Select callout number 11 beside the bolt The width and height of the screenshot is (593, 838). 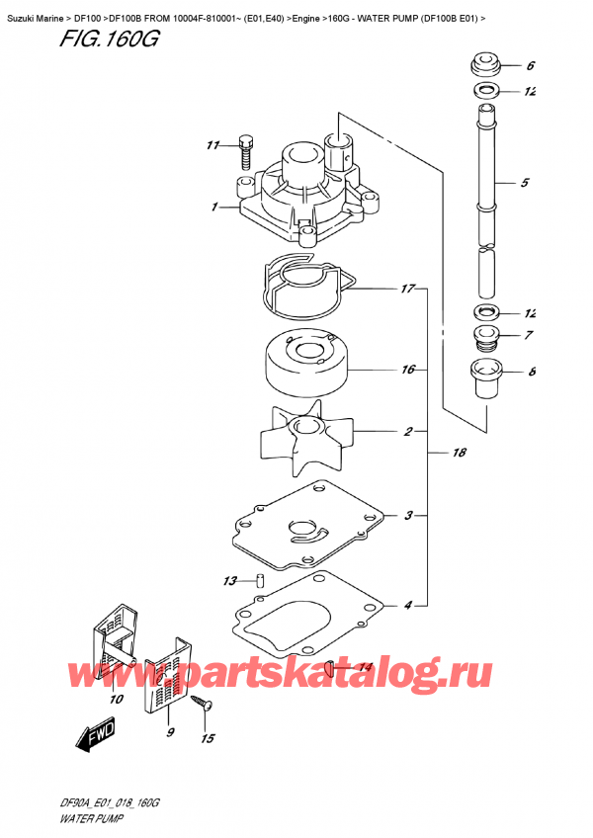point(210,146)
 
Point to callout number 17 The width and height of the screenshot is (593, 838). point(406,291)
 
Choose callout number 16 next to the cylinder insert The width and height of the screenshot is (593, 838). point(406,371)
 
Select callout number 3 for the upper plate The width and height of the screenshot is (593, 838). point(406,515)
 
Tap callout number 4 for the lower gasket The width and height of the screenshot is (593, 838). point(406,604)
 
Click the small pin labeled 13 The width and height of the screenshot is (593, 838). point(260,580)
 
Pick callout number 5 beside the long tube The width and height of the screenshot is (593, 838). point(524,183)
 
